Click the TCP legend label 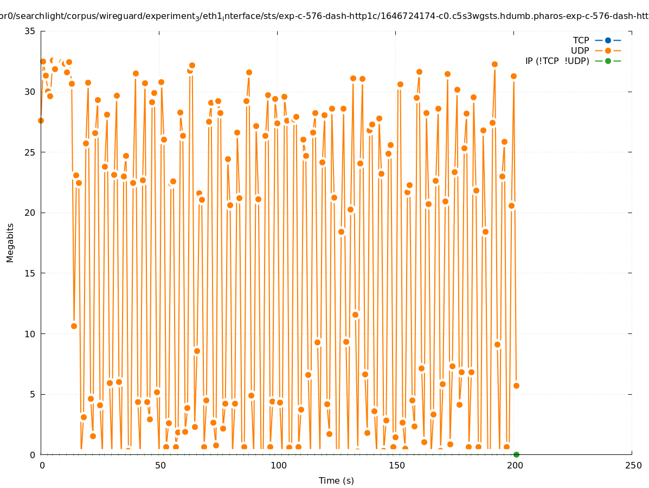581,40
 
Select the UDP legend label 580,50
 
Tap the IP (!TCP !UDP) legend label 557,61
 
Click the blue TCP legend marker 608,40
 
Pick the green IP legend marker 608,61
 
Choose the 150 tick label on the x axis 396,465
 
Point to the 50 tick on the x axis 160,465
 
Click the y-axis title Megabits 10,242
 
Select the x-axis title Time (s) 336,480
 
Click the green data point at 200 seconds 516,454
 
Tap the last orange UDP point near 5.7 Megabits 516,386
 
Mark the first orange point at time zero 41,120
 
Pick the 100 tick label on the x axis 278,465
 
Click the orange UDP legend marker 608,50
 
